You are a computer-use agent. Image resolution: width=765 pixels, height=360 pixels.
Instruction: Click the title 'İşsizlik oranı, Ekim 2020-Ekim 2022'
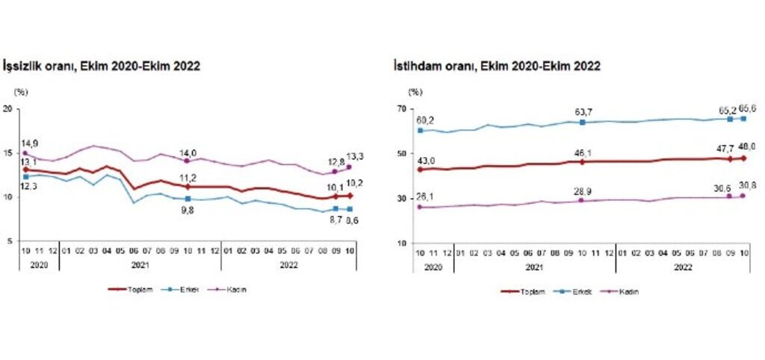[x=102, y=66]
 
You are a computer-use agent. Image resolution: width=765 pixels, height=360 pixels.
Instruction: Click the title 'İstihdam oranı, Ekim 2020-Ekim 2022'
[x=498, y=66]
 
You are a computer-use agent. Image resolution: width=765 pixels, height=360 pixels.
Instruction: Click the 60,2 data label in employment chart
[x=426, y=119]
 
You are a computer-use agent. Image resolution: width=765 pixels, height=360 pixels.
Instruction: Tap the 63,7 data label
[x=582, y=112]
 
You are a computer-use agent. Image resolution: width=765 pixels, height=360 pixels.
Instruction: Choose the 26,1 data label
[x=426, y=197]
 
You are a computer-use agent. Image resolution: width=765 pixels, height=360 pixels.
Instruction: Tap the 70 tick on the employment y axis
[x=401, y=109]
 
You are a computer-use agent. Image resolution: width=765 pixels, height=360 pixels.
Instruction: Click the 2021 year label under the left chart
[x=140, y=264]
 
